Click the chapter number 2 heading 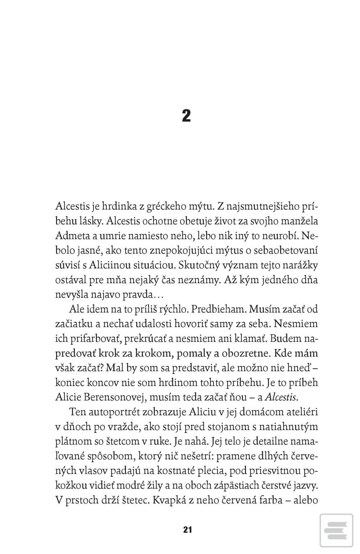pos(186,116)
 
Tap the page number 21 pos(187,529)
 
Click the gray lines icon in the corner pos(336,530)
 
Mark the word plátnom pos(70,442)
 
